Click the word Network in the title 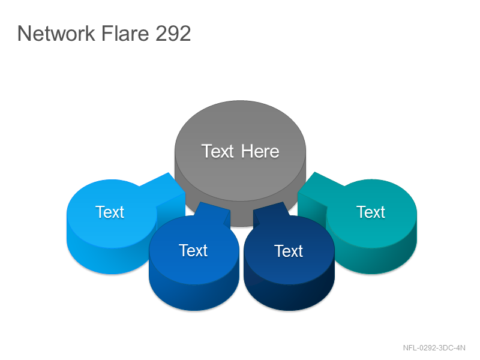coord(56,33)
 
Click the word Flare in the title coord(125,33)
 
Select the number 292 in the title coord(173,33)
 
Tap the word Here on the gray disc coord(260,151)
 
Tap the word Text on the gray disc coord(218,151)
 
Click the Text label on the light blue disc coord(110,212)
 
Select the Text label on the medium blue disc coord(193,250)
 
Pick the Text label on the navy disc coord(289,251)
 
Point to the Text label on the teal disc coord(371,212)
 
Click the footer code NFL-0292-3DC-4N coord(434,348)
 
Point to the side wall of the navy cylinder coord(289,297)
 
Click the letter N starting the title coord(24,33)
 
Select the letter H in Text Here coord(247,151)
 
